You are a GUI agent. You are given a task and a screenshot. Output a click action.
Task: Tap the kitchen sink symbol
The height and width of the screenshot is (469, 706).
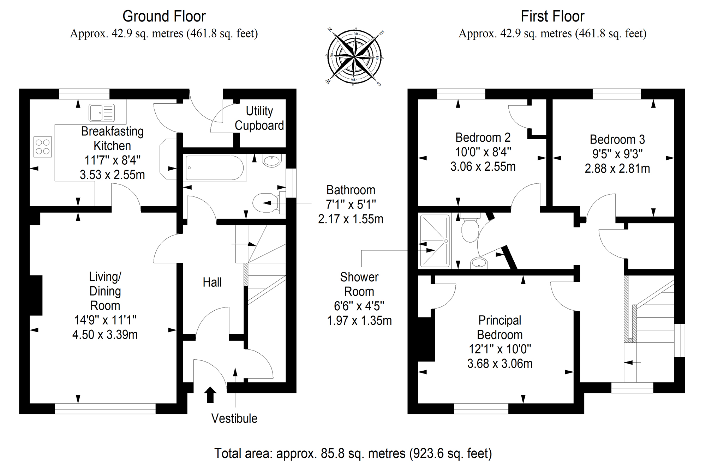click(102, 113)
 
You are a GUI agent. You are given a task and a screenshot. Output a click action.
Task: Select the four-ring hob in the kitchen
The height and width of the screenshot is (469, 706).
click(43, 147)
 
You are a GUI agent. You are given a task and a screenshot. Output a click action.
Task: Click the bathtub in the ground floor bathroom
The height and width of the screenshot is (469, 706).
click(215, 168)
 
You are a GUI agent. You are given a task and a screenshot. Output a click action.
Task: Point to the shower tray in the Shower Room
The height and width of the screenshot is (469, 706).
click(435, 240)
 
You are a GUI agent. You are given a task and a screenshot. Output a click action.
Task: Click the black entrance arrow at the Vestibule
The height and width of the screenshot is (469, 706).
click(210, 395)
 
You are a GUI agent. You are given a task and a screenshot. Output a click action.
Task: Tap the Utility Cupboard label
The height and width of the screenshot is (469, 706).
click(259, 118)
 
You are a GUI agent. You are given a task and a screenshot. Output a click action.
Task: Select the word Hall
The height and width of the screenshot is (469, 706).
click(212, 282)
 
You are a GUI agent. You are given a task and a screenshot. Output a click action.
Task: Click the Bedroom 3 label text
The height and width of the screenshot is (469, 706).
click(617, 139)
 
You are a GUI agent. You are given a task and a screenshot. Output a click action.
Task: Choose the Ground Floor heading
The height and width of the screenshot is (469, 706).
click(164, 16)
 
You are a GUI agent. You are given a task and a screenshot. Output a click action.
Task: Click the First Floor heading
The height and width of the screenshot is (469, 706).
click(552, 16)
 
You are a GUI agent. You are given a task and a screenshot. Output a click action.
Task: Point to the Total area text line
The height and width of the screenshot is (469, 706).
click(353, 453)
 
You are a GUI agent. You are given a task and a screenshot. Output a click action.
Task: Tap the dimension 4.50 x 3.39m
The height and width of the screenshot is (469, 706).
click(105, 334)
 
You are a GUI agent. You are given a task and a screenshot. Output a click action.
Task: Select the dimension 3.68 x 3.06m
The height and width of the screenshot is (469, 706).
click(500, 363)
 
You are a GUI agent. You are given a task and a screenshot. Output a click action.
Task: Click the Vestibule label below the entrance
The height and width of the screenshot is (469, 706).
click(234, 418)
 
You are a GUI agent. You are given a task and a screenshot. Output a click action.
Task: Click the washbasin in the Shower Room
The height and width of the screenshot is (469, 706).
click(479, 263)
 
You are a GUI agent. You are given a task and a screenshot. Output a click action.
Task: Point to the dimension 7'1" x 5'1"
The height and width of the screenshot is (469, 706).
click(351, 204)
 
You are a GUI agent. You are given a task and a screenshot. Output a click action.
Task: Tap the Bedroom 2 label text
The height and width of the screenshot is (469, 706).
click(483, 137)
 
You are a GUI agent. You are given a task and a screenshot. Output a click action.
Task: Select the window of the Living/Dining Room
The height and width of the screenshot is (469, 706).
click(105, 408)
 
